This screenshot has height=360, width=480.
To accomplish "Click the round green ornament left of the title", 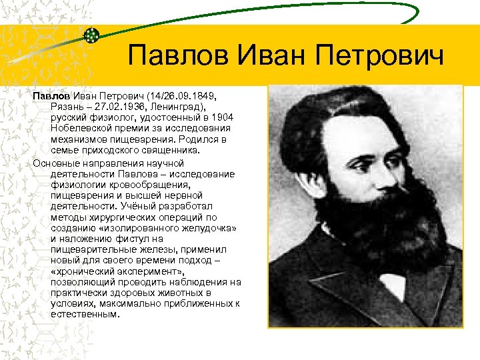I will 92,35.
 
